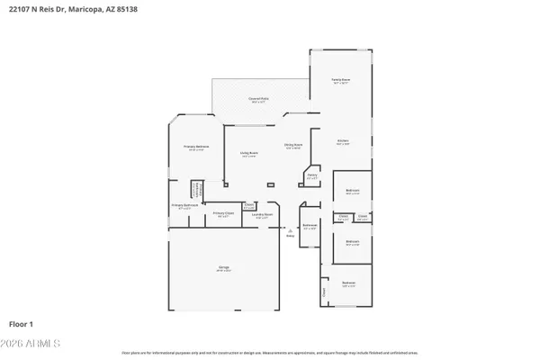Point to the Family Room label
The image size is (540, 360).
click(340, 81)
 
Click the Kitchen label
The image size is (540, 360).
click(343, 141)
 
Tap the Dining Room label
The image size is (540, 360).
click(293, 145)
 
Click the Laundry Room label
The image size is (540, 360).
click(262, 215)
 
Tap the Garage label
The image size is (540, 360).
click(222, 268)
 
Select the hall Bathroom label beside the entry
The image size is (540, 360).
click(310, 226)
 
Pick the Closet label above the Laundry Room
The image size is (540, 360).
click(249, 206)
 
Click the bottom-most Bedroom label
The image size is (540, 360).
click(348, 283)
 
